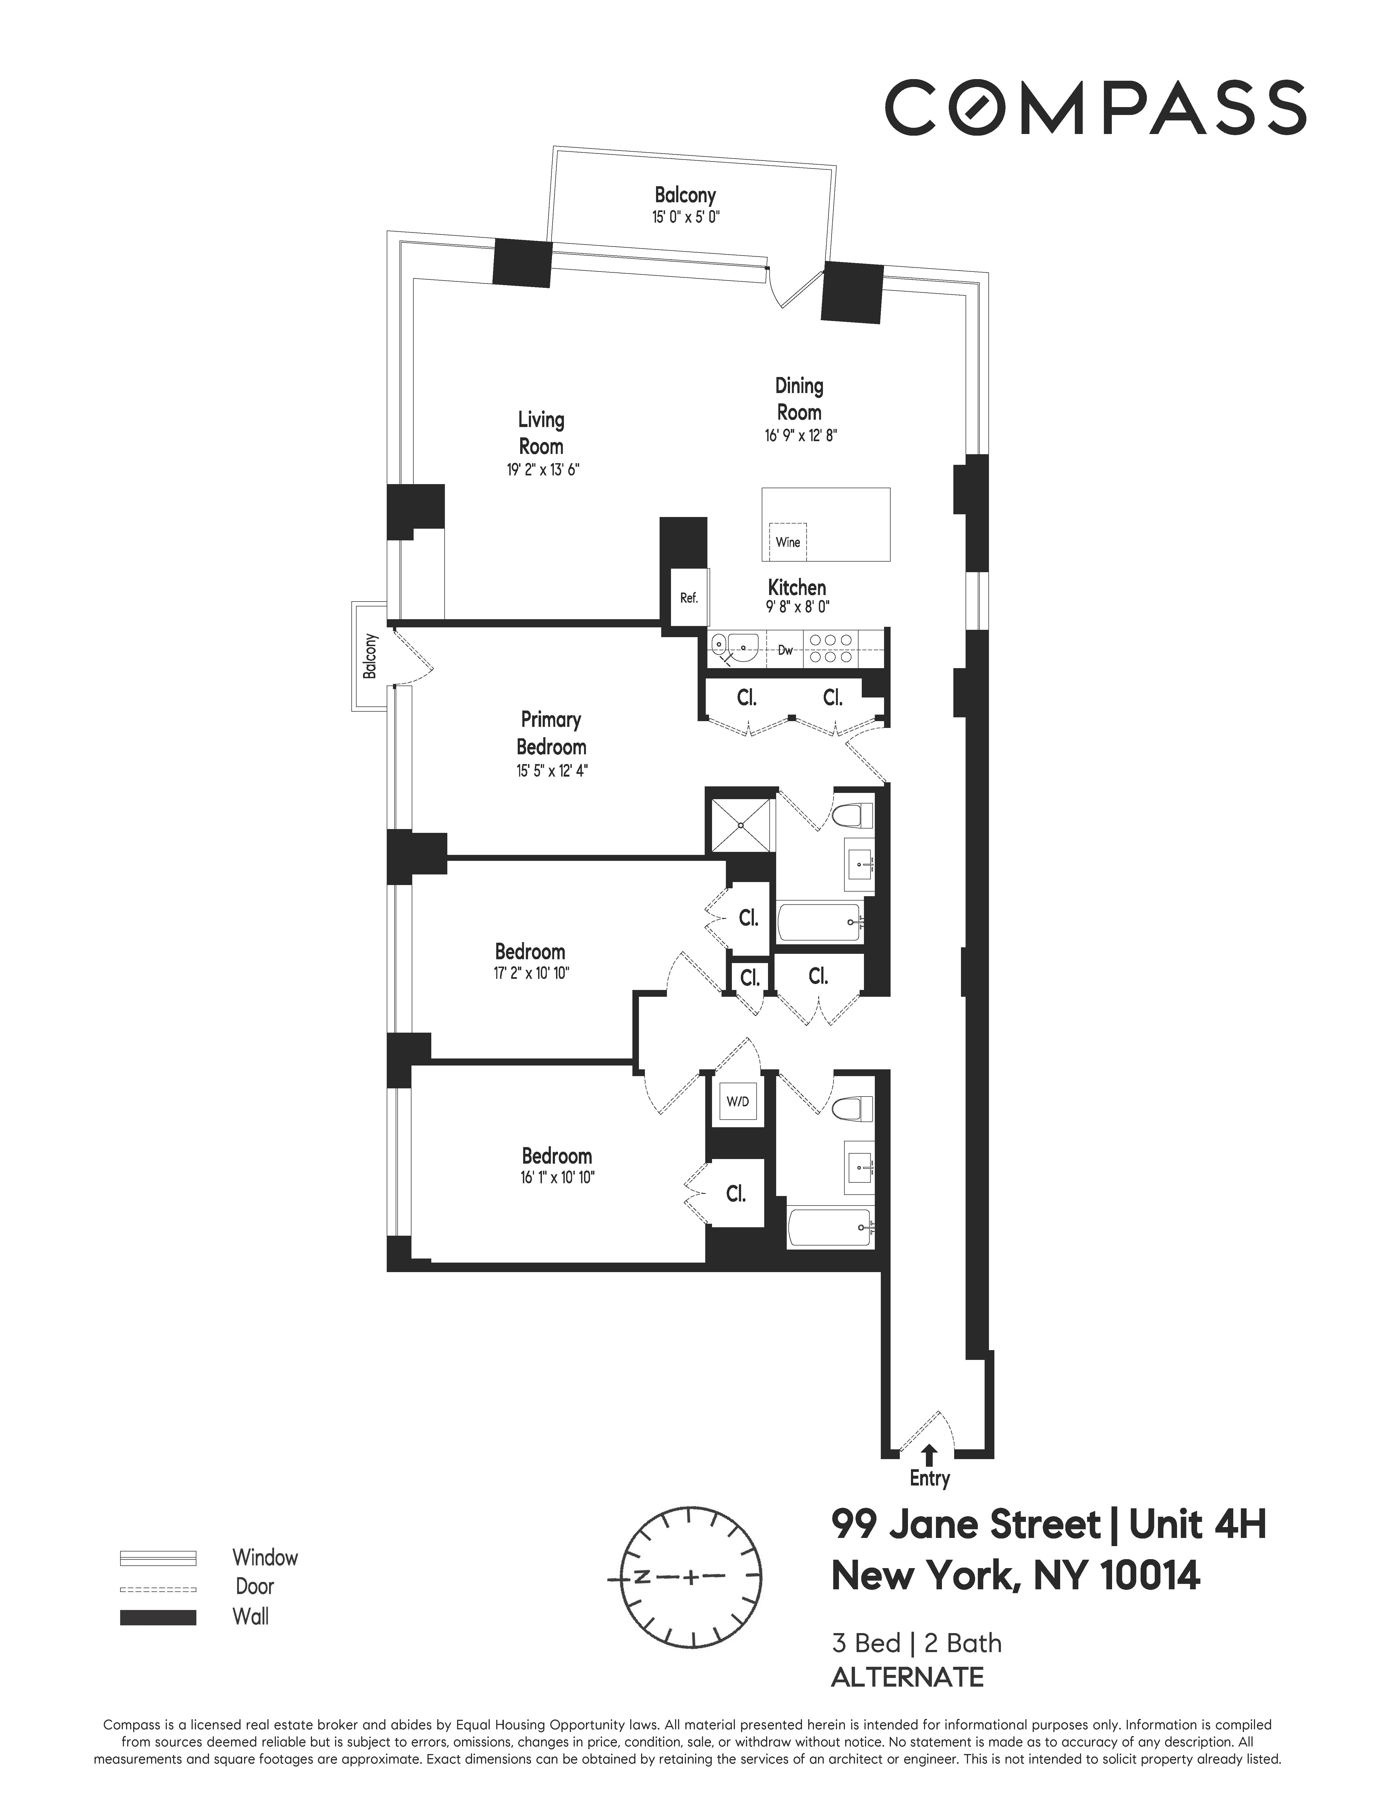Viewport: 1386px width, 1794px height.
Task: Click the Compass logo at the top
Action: (1094, 108)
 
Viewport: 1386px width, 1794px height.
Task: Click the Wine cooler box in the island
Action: (787, 541)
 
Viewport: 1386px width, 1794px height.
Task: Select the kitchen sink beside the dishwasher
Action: (736, 648)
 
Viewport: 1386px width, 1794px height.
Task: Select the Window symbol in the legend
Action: (158, 1558)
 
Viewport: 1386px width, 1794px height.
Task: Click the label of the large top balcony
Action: (685, 195)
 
